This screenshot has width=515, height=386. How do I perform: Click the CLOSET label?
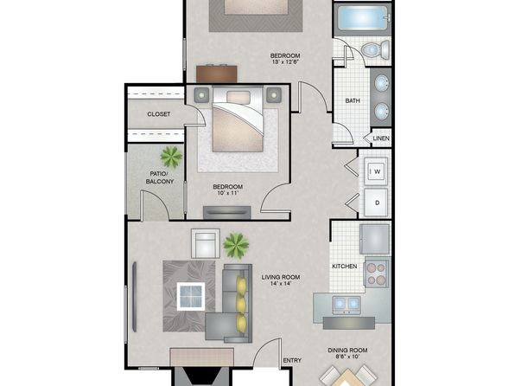[x=159, y=114]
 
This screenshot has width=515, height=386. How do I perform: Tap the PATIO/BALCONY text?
[x=160, y=177]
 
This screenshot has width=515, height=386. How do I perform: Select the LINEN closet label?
[x=381, y=138]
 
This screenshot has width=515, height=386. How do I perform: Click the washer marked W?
[x=376, y=171]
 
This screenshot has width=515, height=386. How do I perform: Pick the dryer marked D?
[x=376, y=203]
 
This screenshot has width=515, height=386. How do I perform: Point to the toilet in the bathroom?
[x=376, y=50]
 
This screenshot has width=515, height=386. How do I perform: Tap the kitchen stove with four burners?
[x=377, y=273]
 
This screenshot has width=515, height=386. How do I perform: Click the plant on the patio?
[x=171, y=157]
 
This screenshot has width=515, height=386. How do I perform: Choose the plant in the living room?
[x=236, y=246]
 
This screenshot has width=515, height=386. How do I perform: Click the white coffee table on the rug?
[x=191, y=297]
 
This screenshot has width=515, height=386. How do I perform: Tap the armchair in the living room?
[x=206, y=243]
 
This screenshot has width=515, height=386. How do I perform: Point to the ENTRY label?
[x=292, y=361]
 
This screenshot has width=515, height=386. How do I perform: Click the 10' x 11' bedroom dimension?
[x=227, y=193]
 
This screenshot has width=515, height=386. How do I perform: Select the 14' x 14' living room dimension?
[x=281, y=283]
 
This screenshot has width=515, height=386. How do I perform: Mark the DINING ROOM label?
[x=347, y=351]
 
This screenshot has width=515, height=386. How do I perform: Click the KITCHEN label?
[x=345, y=267]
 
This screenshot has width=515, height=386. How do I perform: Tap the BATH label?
[x=353, y=100]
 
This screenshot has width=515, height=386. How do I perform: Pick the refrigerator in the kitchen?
[x=375, y=239]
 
